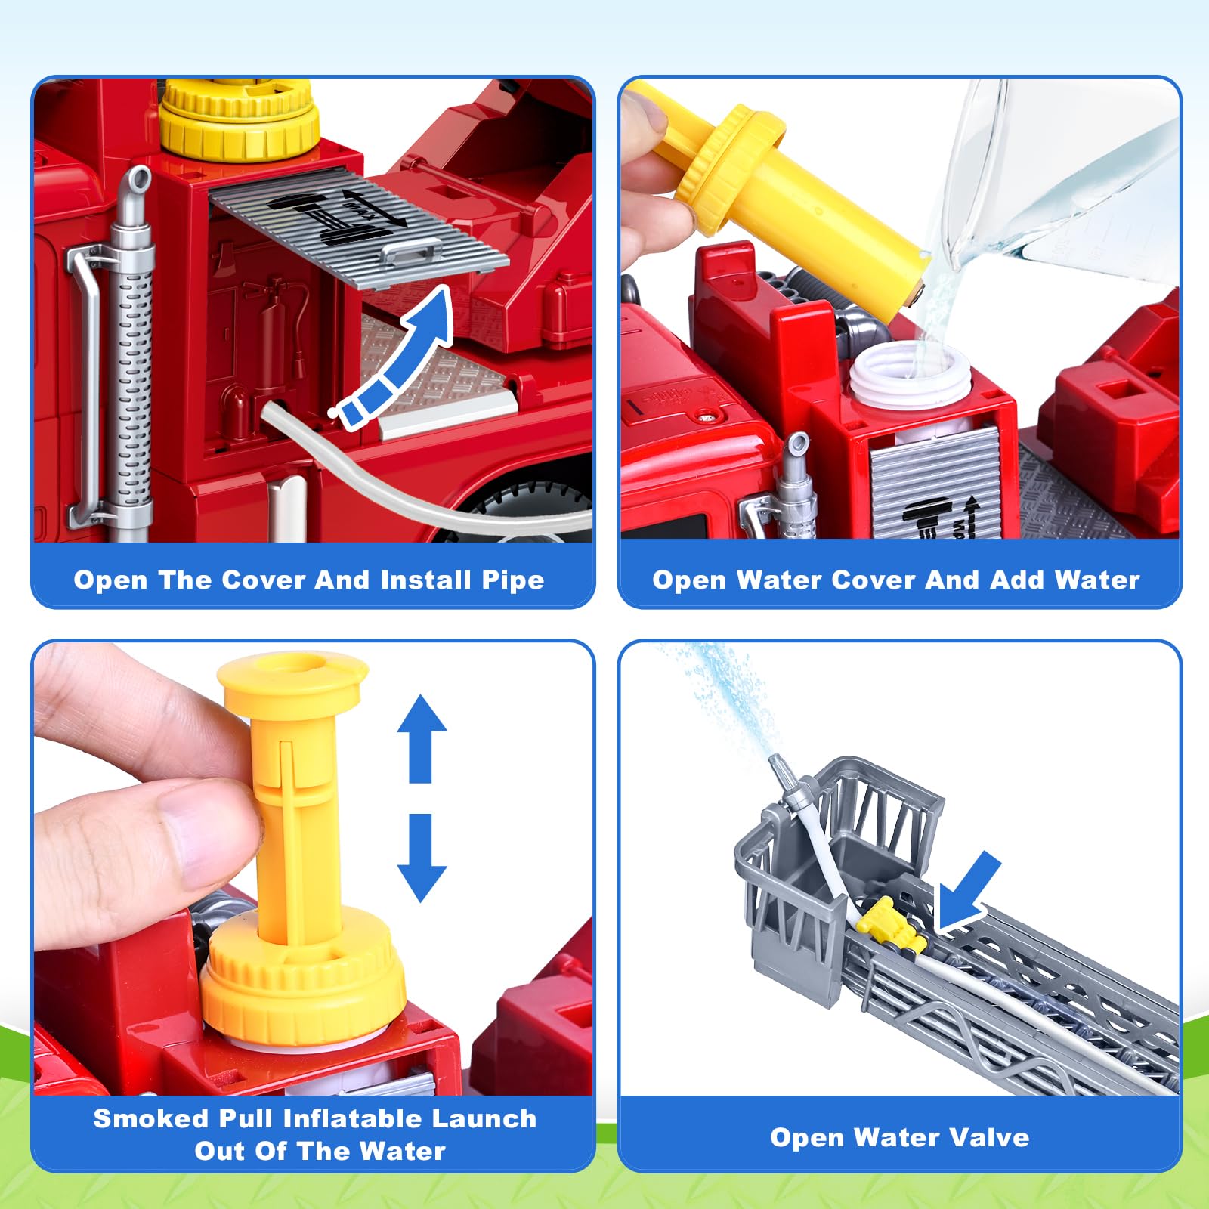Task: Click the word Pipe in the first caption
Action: click(513, 580)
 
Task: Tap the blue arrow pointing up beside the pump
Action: click(422, 738)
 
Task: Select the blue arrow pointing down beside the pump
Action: click(422, 858)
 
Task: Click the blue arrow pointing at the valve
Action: click(967, 892)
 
